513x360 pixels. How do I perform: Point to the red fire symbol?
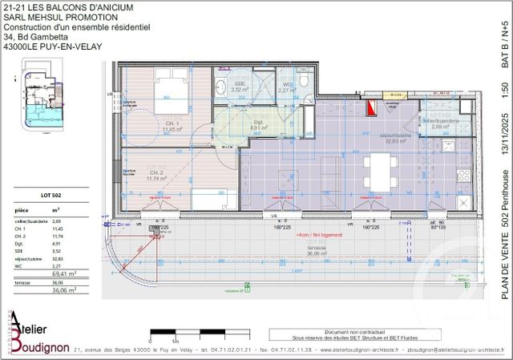click(x=370, y=107)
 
